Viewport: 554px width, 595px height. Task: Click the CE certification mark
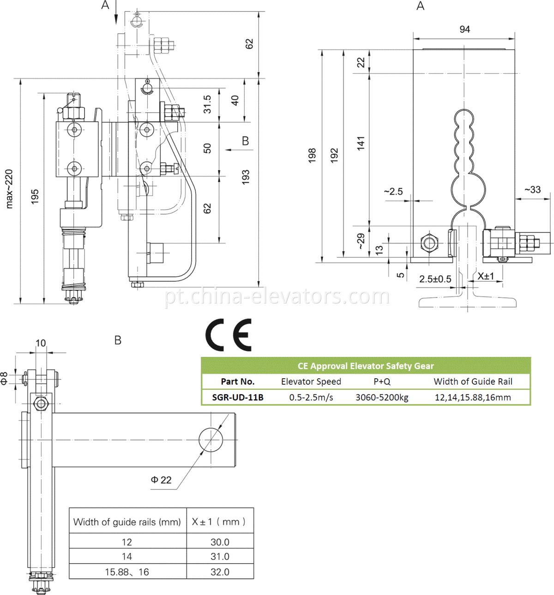coord(229,335)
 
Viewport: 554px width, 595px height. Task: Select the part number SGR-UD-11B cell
coord(238,397)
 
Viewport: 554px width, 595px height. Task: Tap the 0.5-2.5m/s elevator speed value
coord(311,397)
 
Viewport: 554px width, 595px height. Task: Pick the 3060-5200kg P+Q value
coord(382,397)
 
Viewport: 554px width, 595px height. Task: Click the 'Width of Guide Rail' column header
coord(473,381)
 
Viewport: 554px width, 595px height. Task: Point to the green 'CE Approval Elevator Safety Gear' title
coord(366,366)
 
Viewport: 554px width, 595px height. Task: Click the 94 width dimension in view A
coord(464,30)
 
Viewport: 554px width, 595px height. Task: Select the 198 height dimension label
coord(312,155)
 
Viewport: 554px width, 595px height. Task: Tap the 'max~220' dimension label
coord(9,189)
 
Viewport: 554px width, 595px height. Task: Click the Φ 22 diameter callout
coord(161,480)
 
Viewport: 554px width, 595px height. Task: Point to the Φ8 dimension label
coord(5,378)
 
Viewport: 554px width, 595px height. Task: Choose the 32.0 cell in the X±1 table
coord(220,572)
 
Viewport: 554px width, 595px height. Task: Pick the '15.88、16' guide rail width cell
coord(127,572)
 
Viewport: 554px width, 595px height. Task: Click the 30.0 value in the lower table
coord(220,542)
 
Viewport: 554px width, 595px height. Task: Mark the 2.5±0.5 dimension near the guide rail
coord(435,279)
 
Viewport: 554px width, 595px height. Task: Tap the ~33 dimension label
coord(532,190)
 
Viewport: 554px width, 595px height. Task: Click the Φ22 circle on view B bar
coord(211,440)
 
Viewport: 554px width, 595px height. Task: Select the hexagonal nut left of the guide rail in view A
coord(429,242)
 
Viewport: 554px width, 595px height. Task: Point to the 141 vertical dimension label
coord(361,143)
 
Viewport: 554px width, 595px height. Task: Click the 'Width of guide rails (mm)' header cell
coord(127,522)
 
